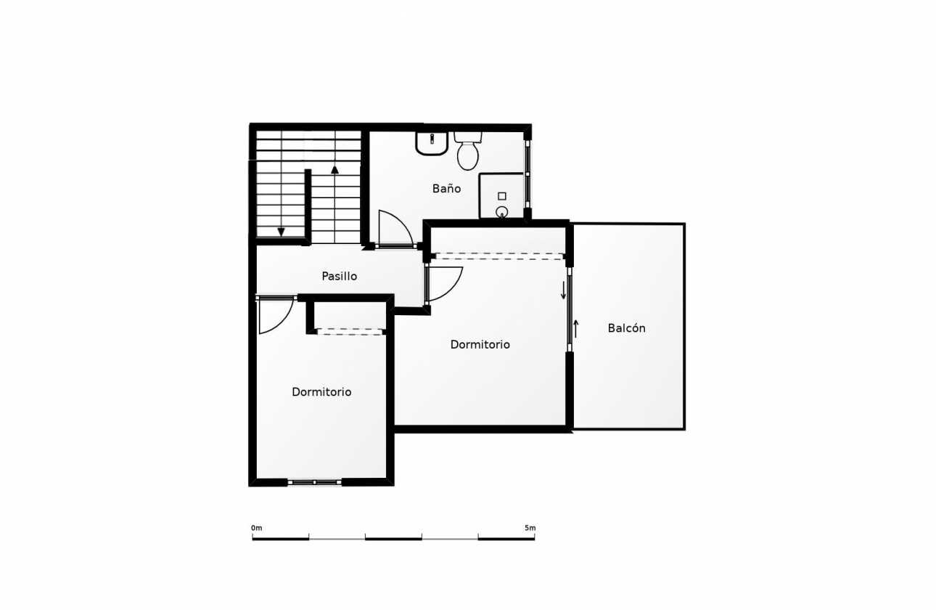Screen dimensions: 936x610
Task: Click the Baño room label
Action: pos(446,189)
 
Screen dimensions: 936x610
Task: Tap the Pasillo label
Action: pos(340,276)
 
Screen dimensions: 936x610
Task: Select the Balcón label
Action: pos(626,328)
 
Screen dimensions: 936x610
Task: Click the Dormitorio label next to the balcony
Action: pos(480,344)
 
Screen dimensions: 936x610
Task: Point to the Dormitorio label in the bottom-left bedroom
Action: pos(321,392)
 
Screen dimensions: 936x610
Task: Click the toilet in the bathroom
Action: pos(468,151)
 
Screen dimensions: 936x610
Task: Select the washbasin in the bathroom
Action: pos(432,143)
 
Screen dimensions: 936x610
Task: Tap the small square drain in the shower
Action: pos(502,196)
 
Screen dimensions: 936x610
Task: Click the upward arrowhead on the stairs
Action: pos(334,169)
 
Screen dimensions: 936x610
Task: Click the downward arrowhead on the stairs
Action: pos(282,232)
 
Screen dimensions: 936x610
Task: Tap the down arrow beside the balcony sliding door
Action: pos(563,290)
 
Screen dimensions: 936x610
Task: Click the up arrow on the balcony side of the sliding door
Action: pos(576,329)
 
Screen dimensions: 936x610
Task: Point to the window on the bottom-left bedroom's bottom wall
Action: pos(315,482)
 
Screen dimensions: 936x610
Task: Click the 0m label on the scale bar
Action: pos(257,528)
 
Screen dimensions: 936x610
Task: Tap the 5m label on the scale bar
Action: pos(530,528)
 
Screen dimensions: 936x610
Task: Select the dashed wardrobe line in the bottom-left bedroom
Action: pos(350,332)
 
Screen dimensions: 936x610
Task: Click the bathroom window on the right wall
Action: pos(527,174)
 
